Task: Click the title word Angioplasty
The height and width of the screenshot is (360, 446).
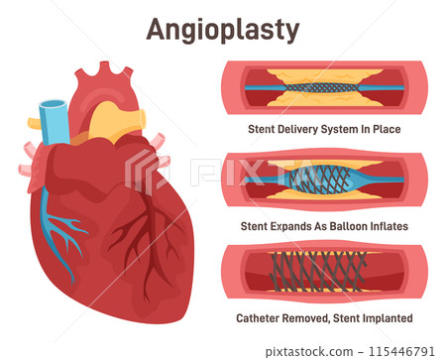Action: [x=222, y=30]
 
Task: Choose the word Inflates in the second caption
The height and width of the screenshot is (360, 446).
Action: [x=388, y=226]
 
